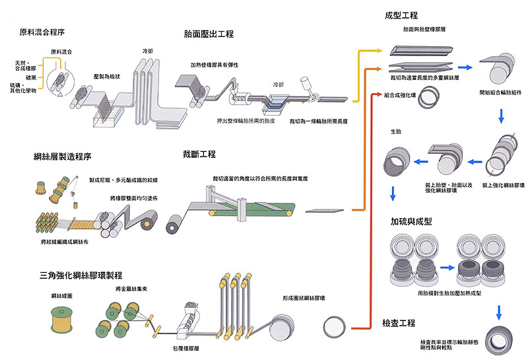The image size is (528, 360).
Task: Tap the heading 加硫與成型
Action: pos(403,221)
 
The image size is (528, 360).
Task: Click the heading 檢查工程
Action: pos(398,323)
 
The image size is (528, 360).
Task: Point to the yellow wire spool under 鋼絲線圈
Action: pos(64,318)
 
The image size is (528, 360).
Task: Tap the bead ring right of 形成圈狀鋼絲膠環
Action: pos(335,325)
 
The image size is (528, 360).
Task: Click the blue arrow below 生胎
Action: pos(393,194)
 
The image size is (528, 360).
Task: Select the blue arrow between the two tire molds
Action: pos(445,268)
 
